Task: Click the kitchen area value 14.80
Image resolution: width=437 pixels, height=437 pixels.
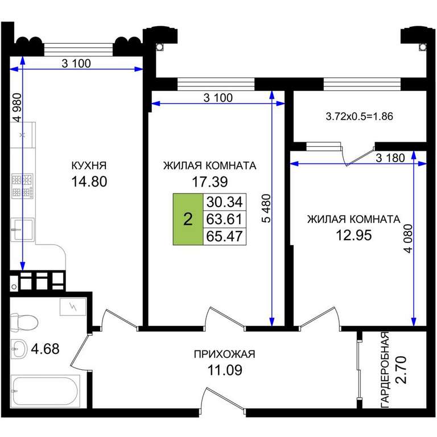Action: pyautogui.click(x=89, y=182)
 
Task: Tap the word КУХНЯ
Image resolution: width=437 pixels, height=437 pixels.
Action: pyautogui.click(x=89, y=166)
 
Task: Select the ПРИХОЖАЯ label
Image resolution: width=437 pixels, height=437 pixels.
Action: pyautogui.click(x=224, y=354)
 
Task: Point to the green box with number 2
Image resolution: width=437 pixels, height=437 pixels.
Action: pyautogui.click(x=188, y=219)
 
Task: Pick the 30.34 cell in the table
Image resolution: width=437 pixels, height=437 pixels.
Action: pyautogui.click(x=225, y=202)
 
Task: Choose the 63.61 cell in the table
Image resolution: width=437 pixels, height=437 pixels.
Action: pyautogui.click(x=225, y=219)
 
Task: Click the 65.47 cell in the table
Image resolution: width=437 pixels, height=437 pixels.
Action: pyautogui.click(x=225, y=236)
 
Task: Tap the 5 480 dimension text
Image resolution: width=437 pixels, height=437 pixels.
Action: pyautogui.click(x=266, y=208)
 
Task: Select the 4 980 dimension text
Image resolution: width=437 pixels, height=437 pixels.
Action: pyautogui.click(x=17, y=108)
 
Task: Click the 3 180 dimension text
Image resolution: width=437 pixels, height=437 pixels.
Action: pyautogui.click(x=390, y=158)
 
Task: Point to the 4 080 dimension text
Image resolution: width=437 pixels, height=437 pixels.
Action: pyautogui.click(x=409, y=238)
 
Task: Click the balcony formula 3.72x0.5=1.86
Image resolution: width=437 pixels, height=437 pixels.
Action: pyautogui.click(x=360, y=116)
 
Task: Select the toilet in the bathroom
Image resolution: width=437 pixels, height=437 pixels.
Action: pyautogui.click(x=24, y=323)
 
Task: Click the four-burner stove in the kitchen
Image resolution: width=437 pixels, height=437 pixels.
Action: pyautogui.click(x=22, y=186)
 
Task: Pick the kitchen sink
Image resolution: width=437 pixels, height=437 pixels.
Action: pyautogui.click(x=23, y=230)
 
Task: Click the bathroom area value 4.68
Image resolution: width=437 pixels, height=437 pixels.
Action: pyautogui.click(x=45, y=349)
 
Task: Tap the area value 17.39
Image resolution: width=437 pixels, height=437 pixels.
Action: pyautogui.click(x=210, y=182)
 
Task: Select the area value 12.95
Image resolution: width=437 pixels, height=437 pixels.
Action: pyautogui.click(x=354, y=235)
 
